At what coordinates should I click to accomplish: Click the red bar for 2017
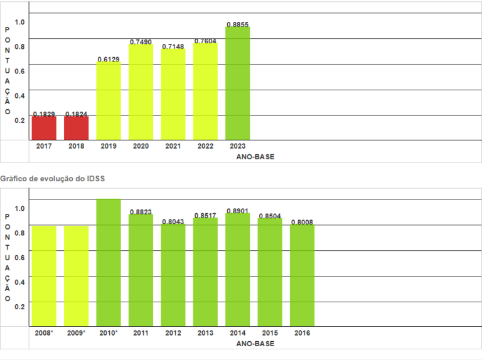pyautogui.click(x=44, y=128)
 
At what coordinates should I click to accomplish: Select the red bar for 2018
pyautogui.click(x=76, y=128)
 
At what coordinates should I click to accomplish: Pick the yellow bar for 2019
pyautogui.click(x=109, y=101)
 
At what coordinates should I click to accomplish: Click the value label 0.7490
pyautogui.click(x=141, y=42)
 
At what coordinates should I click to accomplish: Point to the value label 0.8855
pyautogui.click(x=238, y=24)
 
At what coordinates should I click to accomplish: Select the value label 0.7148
pyautogui.click(x=173, y=46)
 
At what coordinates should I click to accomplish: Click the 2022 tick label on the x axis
pyautogui.click(x=205, y=146)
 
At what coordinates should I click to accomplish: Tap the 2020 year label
pyautogui.click(x=141, y=146)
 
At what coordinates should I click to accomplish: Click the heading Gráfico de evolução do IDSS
pyautogui.click(x=53, y=179)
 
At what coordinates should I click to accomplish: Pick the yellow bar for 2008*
pyautogui.click(x=44, y=275)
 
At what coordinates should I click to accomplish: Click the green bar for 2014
pyautogui.click(x=238, y=270)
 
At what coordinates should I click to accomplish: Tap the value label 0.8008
pyautogui.click(x=303, y=222)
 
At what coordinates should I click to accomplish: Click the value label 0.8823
pyautogui.click(x=141, y=212)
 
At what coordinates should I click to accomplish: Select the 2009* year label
pyautogui.click(x=76, y=333)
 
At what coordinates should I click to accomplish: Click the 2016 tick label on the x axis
pyautogui.click(x=303, y=333)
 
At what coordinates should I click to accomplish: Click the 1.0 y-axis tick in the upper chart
pyautogui.click(x=19, y=23)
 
